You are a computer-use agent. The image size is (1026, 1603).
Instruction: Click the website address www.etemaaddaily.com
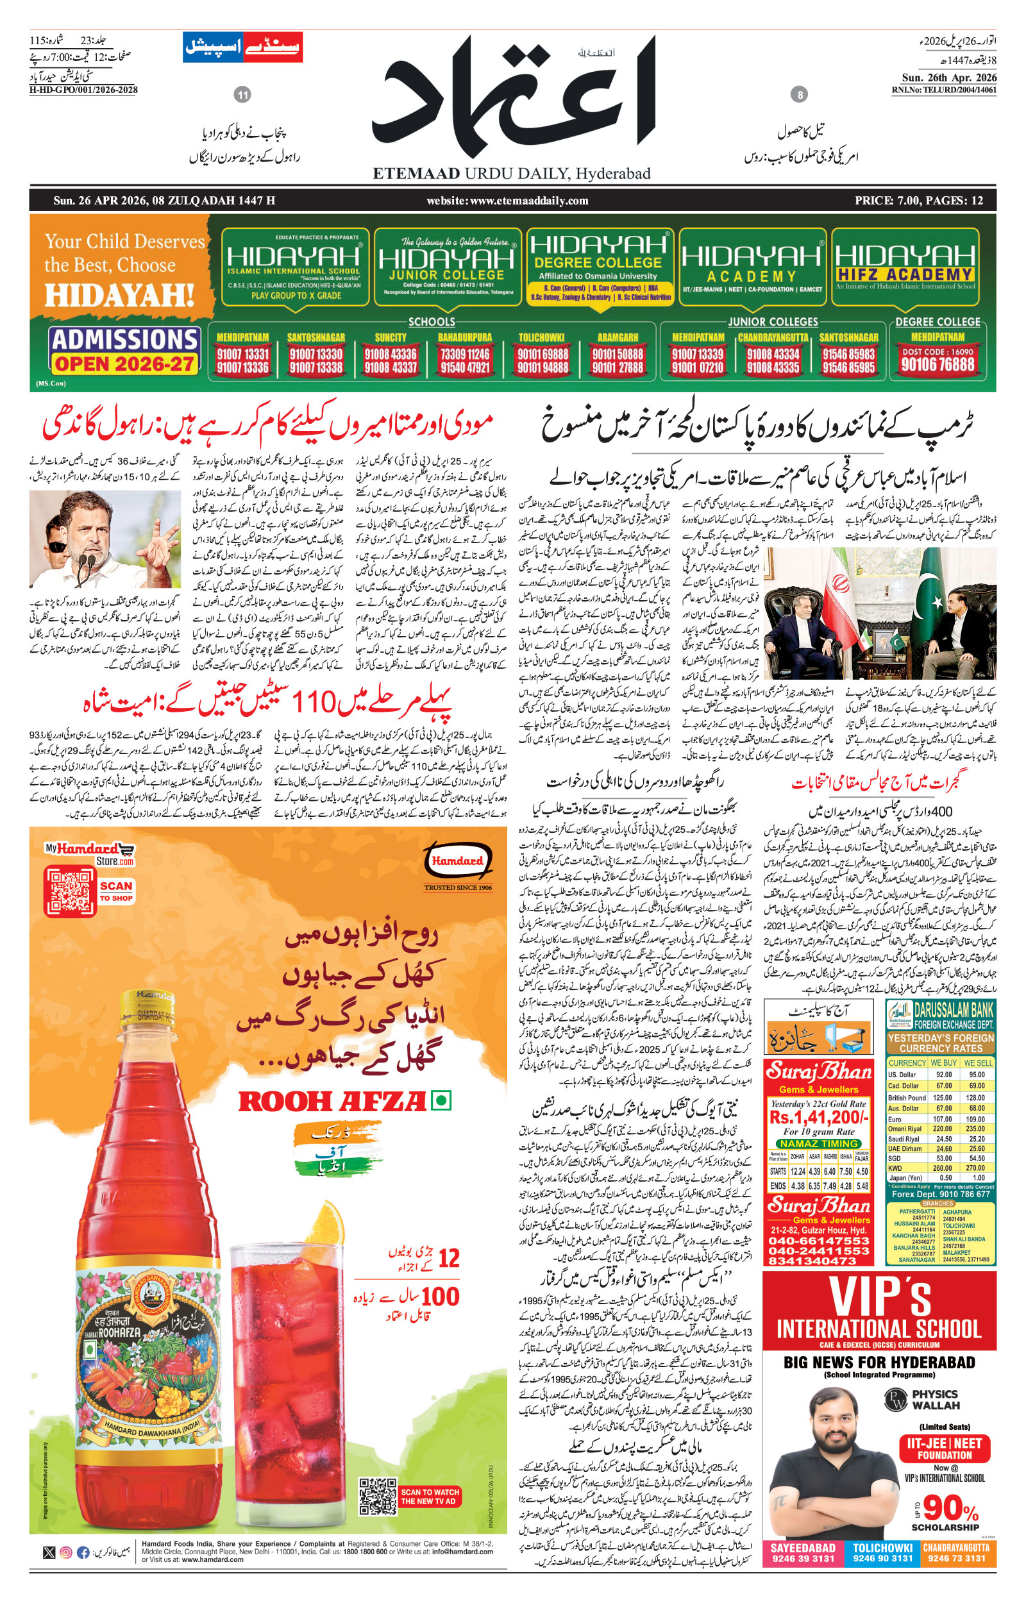[x=508, y=201]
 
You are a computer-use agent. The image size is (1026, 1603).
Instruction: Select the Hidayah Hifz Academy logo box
[x=905, y=267]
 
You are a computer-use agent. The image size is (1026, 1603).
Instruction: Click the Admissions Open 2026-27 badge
[x=124, y=350]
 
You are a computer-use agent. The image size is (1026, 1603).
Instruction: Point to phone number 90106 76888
[x=938, y=364]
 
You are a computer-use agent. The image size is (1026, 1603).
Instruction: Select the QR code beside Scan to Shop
[x=70, y=891]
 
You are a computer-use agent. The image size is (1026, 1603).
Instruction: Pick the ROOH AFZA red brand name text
[x=332, y=1101]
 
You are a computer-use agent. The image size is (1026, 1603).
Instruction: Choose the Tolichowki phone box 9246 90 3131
[x=883, y=1553]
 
